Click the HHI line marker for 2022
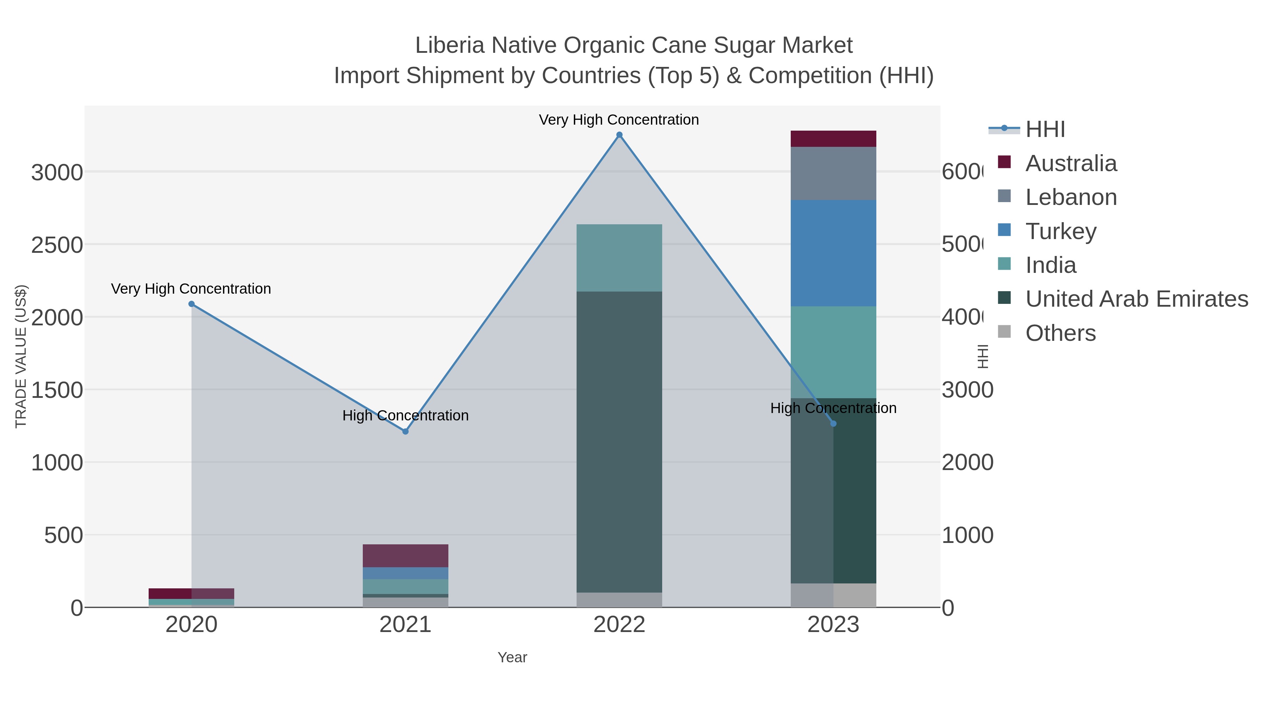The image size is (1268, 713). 619,135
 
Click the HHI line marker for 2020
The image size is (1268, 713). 192,304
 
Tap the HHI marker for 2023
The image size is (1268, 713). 833,424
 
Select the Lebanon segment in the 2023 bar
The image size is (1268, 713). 833,173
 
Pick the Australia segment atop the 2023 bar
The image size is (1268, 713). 833,139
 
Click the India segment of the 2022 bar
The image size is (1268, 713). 619,258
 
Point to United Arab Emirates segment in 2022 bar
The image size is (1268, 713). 619,442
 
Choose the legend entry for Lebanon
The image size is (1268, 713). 1071,197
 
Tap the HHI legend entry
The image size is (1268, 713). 1045,130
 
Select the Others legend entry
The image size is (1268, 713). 1060,333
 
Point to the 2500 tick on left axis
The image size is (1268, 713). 57,245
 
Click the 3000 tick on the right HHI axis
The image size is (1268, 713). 967,390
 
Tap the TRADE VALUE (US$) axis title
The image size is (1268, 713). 21,356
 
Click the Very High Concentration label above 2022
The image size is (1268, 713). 619,120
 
